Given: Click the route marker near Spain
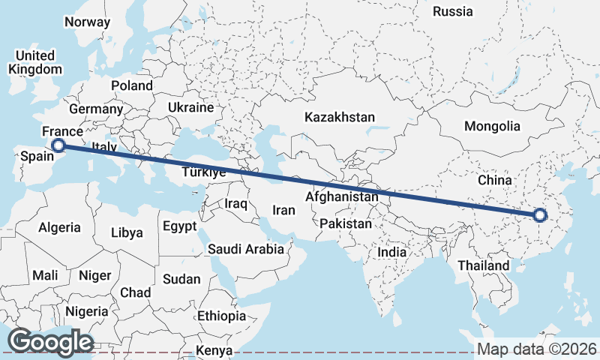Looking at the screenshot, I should (x=57, y=145).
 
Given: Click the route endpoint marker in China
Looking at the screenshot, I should (x=540, y=216).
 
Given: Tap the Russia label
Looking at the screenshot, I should (x=453, y=11).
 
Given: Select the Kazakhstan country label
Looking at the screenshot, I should (x=339, y=117).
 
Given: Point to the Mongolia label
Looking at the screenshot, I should (x=492, y=126).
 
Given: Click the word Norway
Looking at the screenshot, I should (x=87, y=22).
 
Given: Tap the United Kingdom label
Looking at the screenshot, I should (x=34, y=62).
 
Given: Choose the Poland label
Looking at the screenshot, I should (x=132, y=85).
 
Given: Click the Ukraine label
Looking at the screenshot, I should (x=190, y=107).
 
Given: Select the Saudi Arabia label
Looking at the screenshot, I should (x=246, y=249).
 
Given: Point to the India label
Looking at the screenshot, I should (x=391, y=252).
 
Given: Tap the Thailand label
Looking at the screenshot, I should (x=483, y=265).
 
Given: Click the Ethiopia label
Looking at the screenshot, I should (x=221, y=316).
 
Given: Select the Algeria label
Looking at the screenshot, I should (x=59, y=226).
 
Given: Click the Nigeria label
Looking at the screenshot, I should (x=87, y=310).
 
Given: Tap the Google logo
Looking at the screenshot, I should (x=50, y=341).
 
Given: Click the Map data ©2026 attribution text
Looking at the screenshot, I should (x=536, y=349).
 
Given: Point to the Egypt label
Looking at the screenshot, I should (x=179, y=226).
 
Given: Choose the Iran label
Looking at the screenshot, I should (x=283, y=210).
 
